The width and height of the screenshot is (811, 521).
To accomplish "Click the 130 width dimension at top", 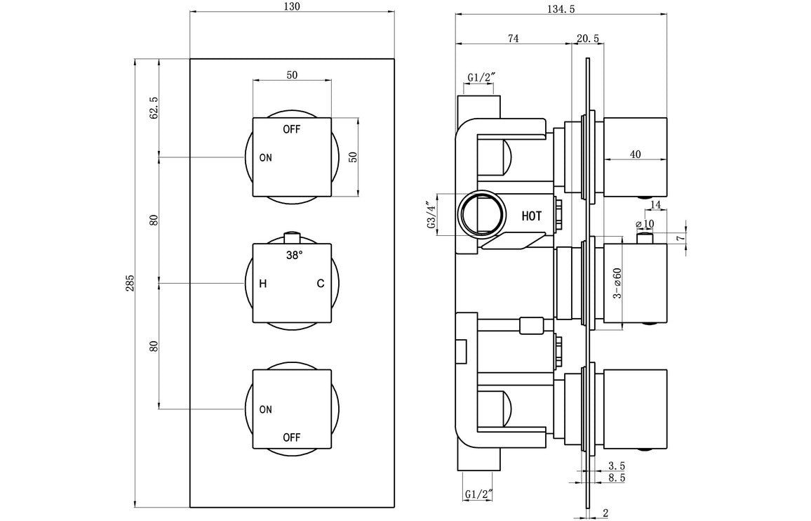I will coord(292,6).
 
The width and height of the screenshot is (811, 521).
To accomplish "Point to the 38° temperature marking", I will coord(294,256).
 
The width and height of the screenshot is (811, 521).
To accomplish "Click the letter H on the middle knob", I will coord(262,284).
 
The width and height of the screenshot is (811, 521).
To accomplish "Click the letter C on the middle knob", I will coord(320,284).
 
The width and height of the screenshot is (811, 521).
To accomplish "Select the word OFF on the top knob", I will coord(292,129).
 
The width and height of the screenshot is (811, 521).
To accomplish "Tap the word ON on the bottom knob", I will coord(265,409).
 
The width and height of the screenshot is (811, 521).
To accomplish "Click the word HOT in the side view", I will coord(532,216).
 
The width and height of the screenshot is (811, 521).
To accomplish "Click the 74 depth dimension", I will coord(513,39).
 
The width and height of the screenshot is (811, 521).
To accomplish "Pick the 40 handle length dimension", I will coord(636,154).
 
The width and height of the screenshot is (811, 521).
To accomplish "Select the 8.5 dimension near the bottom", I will coord(618,477).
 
